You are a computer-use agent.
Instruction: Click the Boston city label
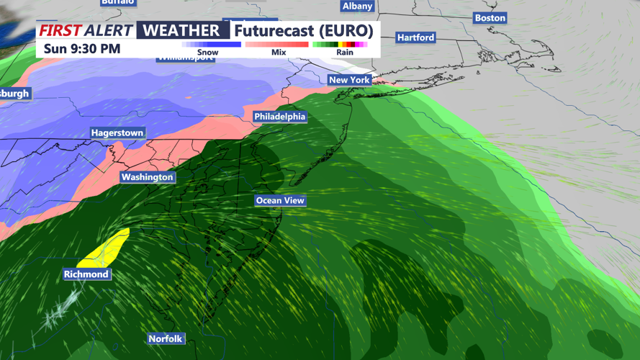490,18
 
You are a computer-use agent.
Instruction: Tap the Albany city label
357,6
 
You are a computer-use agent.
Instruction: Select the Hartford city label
415,37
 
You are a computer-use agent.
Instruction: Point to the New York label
349,79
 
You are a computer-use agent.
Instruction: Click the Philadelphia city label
279,117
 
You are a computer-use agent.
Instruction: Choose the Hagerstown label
117,133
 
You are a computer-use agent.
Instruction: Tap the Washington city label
147,177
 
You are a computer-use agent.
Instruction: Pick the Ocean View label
280,201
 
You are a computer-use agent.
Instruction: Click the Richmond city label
86,274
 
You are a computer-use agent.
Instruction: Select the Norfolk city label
166,338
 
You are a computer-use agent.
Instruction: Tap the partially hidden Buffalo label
117,2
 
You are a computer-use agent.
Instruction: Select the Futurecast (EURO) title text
303,31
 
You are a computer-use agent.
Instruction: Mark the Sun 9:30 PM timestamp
82,49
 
